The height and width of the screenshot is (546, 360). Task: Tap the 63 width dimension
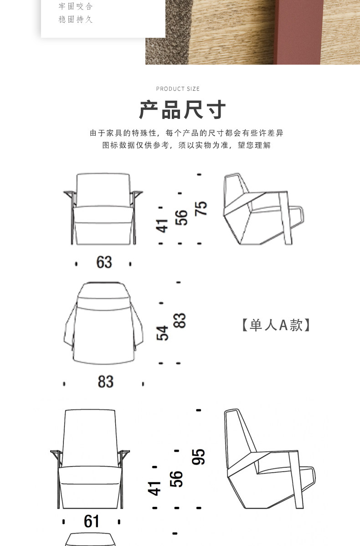[104, 262]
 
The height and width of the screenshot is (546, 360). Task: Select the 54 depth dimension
[163, 333]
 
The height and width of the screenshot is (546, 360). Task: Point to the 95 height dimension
[198, 457]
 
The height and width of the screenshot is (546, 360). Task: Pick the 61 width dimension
[92, 521]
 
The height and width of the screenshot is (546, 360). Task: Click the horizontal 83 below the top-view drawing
[105, 382]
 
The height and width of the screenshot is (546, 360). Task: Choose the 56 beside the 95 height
[176, 479]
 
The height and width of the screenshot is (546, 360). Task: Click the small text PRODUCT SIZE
[178, 89]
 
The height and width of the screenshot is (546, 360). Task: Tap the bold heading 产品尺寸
[182, 110]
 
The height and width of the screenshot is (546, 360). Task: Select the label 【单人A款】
[276, 325]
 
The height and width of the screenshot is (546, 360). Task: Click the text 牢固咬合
[76, 6]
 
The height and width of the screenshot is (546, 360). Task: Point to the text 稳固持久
[76, 20]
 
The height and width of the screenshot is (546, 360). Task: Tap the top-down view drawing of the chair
[103, 323]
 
